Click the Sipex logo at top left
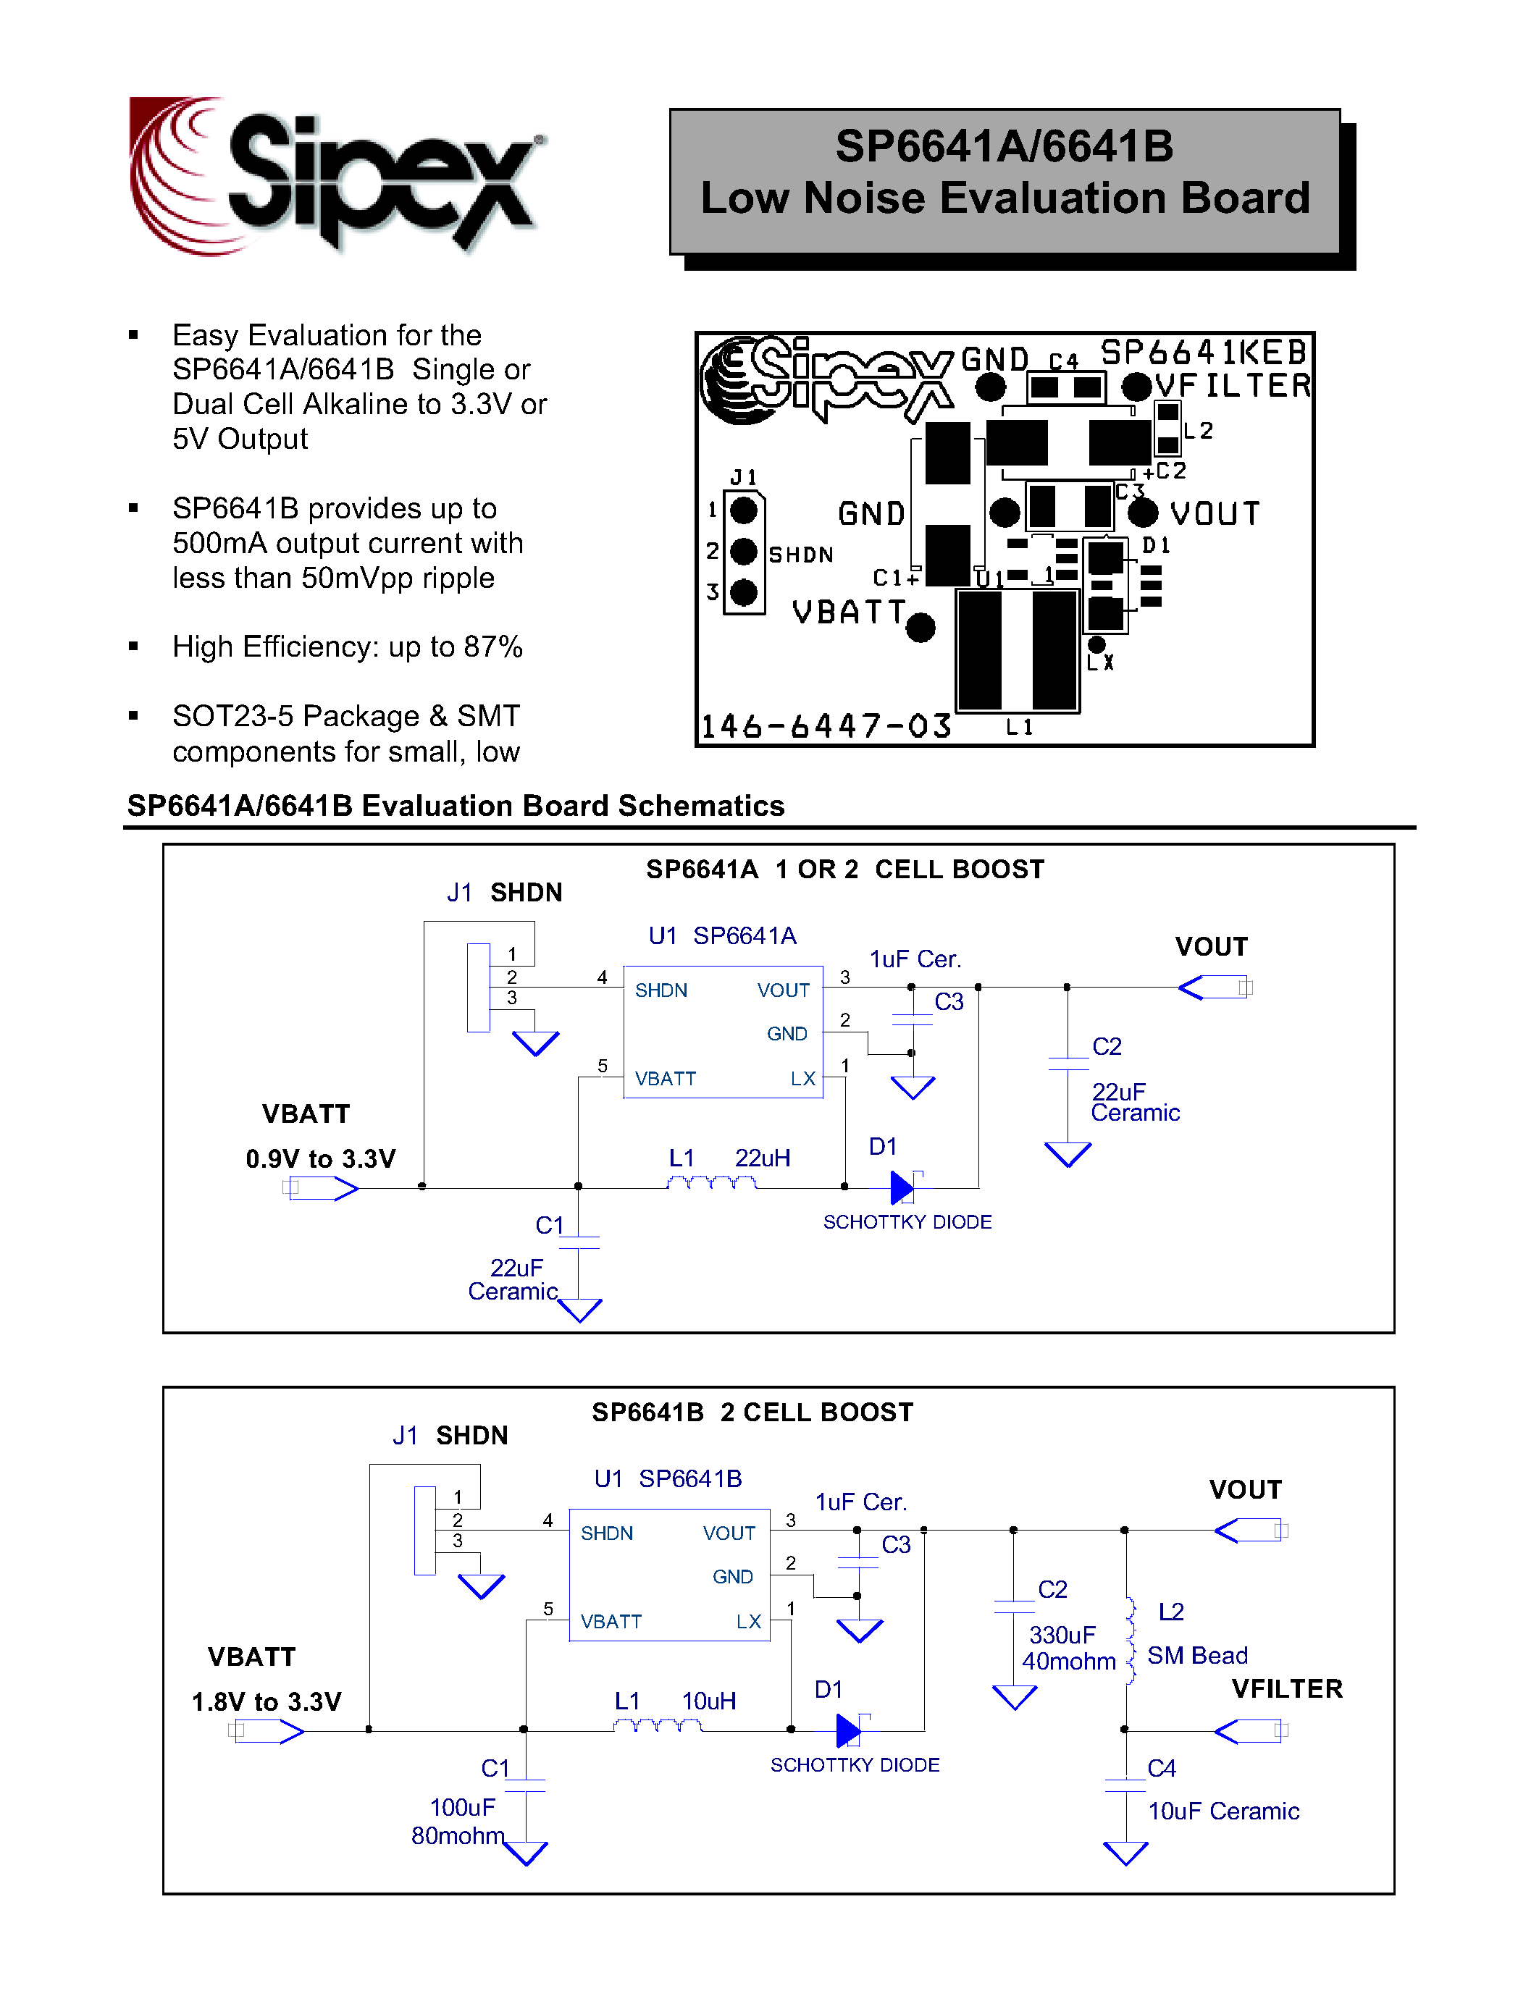point(337,175)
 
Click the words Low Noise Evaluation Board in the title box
point(1005,198)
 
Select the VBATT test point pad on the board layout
point(921,627)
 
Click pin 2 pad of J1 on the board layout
point(744,551)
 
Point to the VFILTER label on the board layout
point(1233,386)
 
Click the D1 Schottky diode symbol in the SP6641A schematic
point(902,1187)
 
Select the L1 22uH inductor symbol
point(711,1183)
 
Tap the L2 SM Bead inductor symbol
point(1131,1640)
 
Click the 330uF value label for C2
point(1062,1635)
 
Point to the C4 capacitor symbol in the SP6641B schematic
point(1125,1785)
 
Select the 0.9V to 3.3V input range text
point(321,1158)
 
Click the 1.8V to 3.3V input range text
point(267,1701)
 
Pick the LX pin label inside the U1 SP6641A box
point(802,1079)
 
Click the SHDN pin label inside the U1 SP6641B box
point(606,1533)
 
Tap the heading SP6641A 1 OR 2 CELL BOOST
point(844,869)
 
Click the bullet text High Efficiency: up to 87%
point(348,647)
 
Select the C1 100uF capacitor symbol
point(525,1785)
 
